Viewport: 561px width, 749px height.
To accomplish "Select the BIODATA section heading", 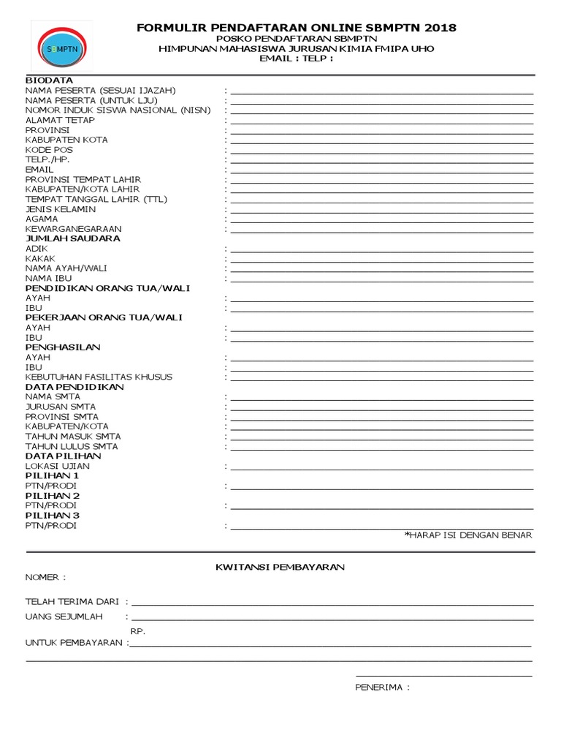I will tap(49, 80).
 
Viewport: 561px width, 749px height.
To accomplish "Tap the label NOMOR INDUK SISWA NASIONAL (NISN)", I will tap(118, 110).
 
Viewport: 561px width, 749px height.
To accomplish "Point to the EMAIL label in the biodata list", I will tap(39, 169).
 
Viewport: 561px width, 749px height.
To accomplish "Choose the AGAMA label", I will tap(41, 219).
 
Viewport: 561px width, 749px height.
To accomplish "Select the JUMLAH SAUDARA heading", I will tap(73, 238).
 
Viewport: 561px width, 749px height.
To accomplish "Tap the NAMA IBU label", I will tap(49, 278).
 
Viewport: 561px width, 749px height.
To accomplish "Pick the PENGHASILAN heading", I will tap(63, 347).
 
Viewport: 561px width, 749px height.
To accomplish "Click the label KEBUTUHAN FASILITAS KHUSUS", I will tap(99, 377).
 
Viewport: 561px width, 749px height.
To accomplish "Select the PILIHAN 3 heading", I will tap(53, 516).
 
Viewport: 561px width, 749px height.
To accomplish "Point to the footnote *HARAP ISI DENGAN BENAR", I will tap(468, 535).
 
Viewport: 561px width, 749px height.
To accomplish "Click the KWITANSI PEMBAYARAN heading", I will tap(280, 567).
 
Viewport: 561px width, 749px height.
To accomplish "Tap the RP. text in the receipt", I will tap(138, 631).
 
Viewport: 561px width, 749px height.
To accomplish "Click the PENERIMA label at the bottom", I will tap(382, 688).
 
